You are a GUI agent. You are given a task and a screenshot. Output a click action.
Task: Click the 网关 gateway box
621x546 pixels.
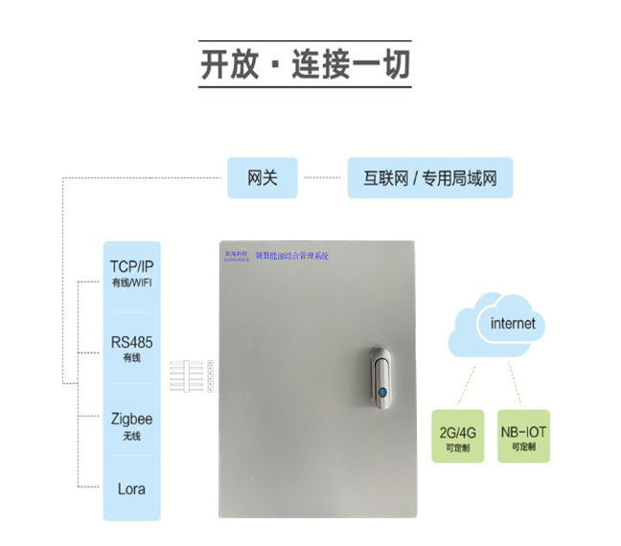click(x=263, y=178)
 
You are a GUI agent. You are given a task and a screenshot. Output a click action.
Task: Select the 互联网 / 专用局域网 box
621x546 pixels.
click(x=429, y=178)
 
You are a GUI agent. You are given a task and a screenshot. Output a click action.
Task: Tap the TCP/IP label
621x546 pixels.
click(x=131, y=265)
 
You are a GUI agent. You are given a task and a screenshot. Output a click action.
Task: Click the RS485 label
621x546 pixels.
click(x=131, y=342)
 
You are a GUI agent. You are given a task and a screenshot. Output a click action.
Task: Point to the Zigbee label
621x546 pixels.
click(x=131, y=419)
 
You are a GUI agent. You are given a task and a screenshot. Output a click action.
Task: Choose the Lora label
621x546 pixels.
click(x=131, y=488)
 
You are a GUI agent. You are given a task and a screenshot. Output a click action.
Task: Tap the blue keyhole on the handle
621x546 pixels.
click(x=380, y=393)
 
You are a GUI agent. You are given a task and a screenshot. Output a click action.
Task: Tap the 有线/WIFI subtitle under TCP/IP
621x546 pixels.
click(x=131, y=282)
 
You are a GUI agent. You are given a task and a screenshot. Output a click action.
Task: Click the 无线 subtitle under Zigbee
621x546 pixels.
click(x=131, y=436)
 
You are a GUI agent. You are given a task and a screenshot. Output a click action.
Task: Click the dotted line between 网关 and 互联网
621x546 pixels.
click(x=323, y=178)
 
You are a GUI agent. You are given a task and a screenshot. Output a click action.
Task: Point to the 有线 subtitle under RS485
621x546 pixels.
click(x=131, y=358)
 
